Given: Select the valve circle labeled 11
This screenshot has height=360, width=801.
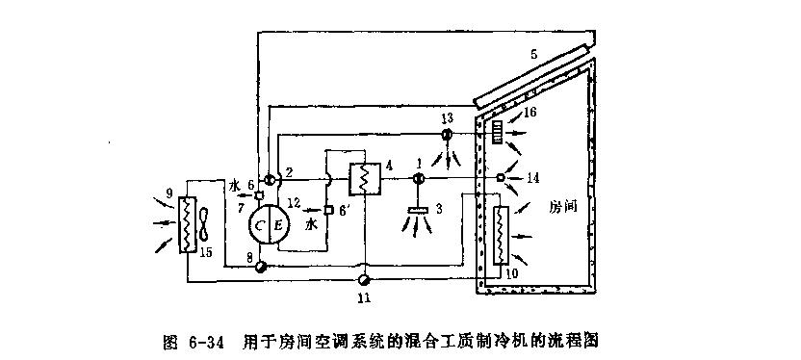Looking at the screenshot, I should (363, 279).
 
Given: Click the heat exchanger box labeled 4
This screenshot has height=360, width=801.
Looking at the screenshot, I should (364, 179).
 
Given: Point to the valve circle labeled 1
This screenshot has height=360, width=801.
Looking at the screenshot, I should (419, 179).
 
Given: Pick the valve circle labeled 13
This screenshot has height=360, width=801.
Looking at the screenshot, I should (446, 137).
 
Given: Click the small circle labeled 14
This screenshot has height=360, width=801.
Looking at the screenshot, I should (501, 178).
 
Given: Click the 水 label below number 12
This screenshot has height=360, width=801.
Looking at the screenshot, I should (311, 226).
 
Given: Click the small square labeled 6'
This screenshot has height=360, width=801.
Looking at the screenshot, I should (327, 210).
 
